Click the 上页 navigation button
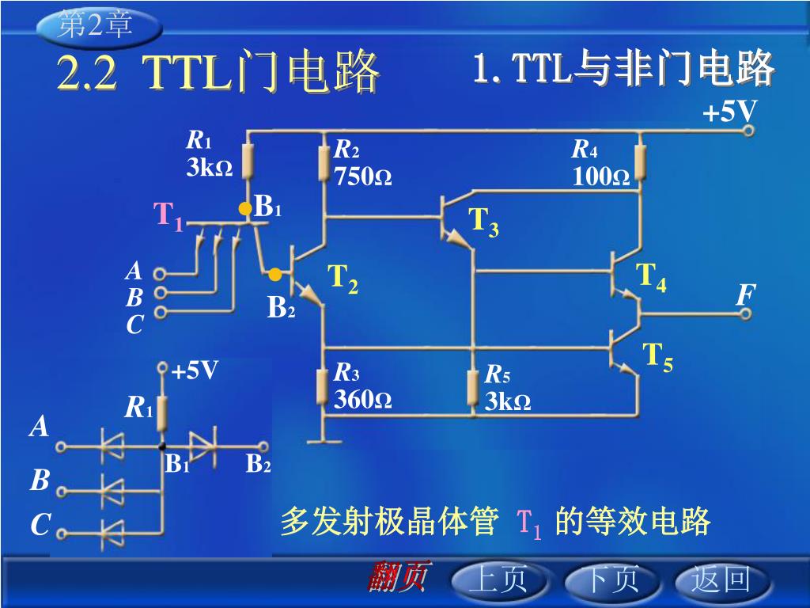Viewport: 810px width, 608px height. point(498,580)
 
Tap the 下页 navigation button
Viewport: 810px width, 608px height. point(609,580)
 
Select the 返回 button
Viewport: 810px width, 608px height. point(721,580)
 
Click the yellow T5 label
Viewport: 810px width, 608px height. point(657,357)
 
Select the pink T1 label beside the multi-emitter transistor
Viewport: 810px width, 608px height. point(168,215)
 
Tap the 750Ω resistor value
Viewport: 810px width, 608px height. point(362,176)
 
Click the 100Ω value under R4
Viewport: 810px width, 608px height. point(601,176)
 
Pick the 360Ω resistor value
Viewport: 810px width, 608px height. point(362,399)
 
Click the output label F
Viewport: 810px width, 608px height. point(744,296)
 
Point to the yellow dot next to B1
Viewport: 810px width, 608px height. point(245,208)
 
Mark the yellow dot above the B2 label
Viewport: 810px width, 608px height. point(274,275)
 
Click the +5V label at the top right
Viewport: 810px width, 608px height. point(729,112)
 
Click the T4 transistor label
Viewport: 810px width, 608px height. point(652,277)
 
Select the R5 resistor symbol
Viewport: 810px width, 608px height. point(472,387)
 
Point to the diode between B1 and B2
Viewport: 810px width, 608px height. point(203,446)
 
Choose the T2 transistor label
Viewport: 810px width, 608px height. point(343,279)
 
